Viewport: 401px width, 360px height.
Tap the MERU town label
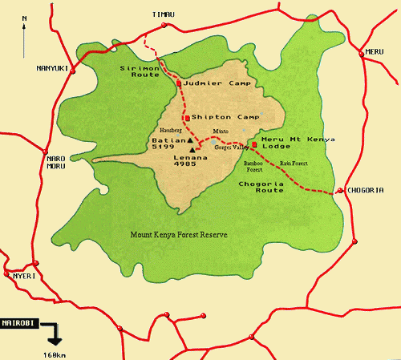click(x=375, y=51)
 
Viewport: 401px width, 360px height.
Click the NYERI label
click(x=24, y=275)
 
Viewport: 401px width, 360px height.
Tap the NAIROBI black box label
click(x=18, y=318)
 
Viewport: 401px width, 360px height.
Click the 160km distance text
click(x=55, y=353)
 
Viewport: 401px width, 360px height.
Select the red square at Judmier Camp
click(x=179, y=83)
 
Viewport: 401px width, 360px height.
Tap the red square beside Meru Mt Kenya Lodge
click(x=254, y=144)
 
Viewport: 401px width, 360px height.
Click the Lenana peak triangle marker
click(x=192, y=149)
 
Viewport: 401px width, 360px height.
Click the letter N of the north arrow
click(x=25, y=17)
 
